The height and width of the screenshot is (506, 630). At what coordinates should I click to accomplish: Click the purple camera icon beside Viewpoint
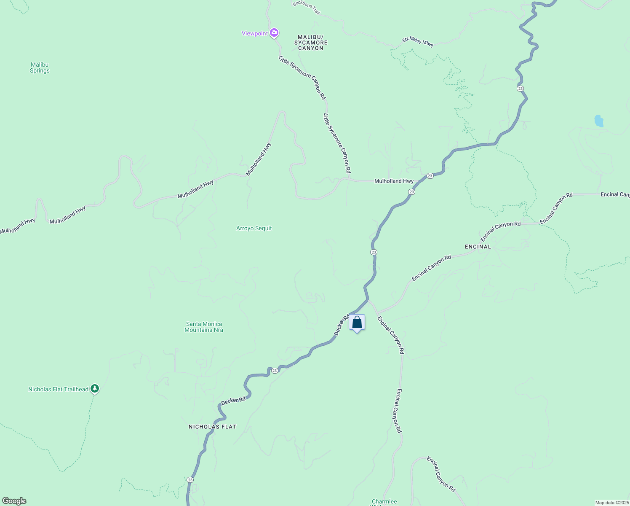[x=274, y=32]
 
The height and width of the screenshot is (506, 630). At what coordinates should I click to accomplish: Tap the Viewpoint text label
[x=254, y=33]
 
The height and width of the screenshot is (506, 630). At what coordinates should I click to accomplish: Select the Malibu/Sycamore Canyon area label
[x=311, y=43]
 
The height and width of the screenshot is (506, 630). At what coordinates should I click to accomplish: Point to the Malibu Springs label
[x=40, y=67]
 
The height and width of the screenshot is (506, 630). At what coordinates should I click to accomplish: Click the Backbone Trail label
[x=306, y=7]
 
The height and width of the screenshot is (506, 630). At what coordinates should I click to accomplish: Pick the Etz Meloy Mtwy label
[x=417, y=41]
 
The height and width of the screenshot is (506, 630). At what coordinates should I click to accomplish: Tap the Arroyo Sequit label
[x=254, y=228]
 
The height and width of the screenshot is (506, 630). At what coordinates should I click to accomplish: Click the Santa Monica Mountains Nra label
[x=204, y=327]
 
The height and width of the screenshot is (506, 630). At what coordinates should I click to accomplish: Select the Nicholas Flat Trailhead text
[x=58, y=389]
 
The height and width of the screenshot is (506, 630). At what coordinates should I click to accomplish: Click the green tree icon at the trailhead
[x=95, y=388]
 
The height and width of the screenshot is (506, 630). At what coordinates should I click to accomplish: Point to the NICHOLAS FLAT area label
[x=212, y=427]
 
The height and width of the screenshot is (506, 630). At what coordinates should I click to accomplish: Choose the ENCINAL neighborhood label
[x=478, y=247]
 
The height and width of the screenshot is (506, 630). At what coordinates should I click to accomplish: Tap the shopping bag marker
[x=357, y=323]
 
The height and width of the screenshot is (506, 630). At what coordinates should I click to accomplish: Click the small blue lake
[x=598, y=121]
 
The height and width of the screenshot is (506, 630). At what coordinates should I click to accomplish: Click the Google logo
[x=14, y=501]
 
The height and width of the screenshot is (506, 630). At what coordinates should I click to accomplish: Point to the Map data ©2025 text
[x=611, y=503]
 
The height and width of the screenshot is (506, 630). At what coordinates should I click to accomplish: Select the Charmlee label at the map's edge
[x=384, y=502]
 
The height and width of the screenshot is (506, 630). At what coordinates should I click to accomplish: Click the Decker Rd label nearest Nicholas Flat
[x=233, y=401]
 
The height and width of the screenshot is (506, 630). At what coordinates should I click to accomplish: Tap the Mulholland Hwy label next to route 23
[x=394, y=181]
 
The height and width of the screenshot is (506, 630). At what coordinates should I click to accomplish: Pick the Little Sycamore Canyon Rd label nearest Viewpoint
[x=302, y=78]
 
